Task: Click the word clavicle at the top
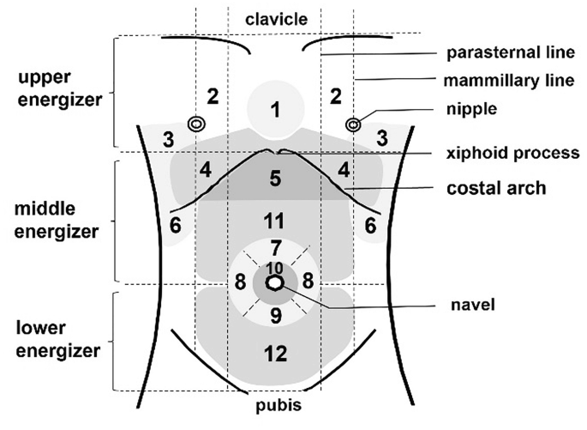pyautogui.click(x=276, y=18)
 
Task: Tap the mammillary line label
pyautogui.click(x=511, y=82)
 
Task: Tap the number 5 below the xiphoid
pyautogui.click(x=275, y=179)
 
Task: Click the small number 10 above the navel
pyautogui.click(x=274, y=267)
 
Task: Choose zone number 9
pyautogui.click(x=275, y=314)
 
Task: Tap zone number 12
pyautogui.click(x=275, y=351)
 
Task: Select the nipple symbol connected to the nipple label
pyautogui.click(x=352, y=124)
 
